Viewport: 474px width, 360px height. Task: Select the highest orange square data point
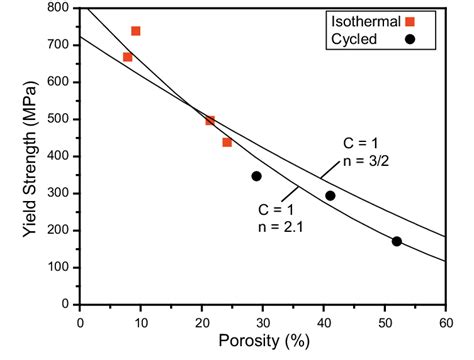coord(136,31)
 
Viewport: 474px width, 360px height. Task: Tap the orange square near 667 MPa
coord(127,57)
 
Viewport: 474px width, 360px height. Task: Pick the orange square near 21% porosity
coord(210,120)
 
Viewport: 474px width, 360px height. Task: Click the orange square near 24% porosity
coord(227,142)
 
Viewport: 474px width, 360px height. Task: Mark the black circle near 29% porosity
coord(256,176)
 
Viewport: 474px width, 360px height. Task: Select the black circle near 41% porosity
coord(330,196)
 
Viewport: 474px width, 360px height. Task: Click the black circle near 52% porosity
coord(397,241)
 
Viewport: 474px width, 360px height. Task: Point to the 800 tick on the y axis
coord(61,8)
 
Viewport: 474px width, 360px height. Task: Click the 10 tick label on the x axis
coord(141,322)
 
